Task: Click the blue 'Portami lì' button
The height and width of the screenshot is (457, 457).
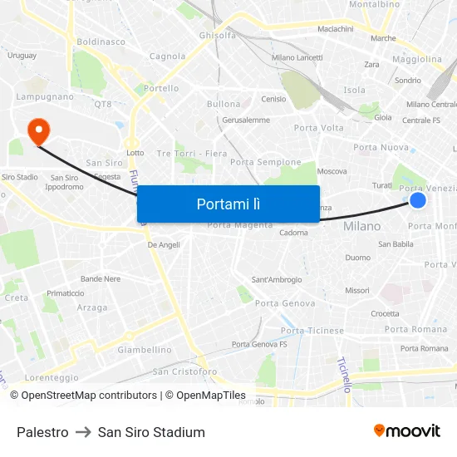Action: coord(228,204)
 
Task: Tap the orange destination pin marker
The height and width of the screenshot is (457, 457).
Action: coord(38,131)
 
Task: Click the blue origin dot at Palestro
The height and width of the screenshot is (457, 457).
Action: coord(418,200)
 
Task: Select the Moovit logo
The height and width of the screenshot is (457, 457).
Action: coord(407,430)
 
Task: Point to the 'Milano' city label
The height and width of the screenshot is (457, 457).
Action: coord(361,226)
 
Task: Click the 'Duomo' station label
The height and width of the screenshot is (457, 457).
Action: coord(357,258)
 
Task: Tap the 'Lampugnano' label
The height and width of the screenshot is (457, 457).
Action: coord(45,96)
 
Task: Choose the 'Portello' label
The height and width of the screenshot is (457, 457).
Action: coord(161,88)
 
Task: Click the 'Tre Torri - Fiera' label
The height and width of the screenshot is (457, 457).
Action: coord(192,153)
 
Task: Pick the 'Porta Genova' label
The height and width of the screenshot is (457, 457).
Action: coord(285,303)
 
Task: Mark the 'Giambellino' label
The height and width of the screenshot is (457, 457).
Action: coord(145,350)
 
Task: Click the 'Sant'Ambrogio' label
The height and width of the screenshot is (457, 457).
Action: coord(277,280)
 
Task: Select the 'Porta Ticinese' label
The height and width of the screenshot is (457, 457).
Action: coord(312,331)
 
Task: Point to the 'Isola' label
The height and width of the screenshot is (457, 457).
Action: coord(355,90)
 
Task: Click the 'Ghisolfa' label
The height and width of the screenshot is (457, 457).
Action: coord(218,36)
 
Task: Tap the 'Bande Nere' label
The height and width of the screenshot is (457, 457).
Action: coord(101,279)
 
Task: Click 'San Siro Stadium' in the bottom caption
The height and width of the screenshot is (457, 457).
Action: coord(151,432)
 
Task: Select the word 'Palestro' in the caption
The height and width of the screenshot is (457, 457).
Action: coord(42,432)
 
